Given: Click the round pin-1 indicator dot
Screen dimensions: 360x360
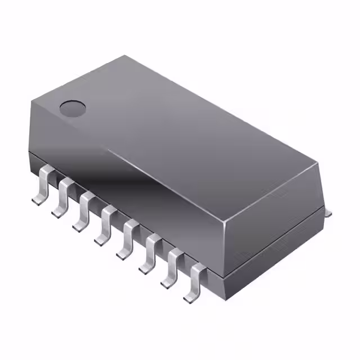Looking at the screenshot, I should point(72,107).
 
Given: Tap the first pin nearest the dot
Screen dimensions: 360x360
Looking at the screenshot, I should point(42,183).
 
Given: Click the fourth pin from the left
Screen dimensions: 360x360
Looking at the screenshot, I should point(107,224).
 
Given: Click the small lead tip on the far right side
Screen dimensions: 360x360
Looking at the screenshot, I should point(327,212).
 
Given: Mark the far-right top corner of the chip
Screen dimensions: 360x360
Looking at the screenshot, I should point(318,163).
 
